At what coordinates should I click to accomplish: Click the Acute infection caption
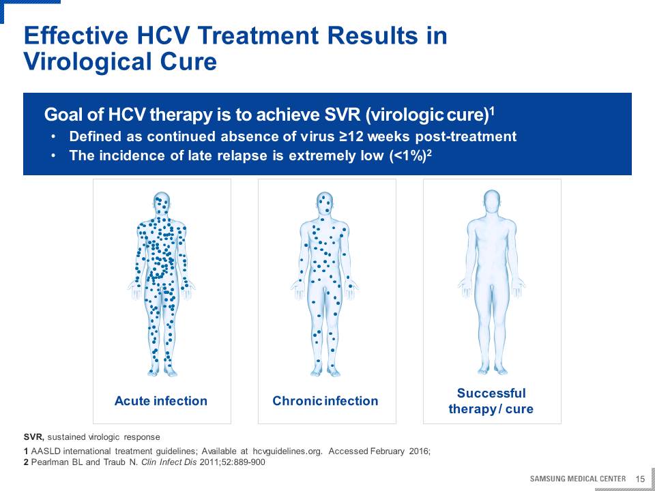coord(161,401)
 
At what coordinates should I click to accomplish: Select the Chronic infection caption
coord(325,401)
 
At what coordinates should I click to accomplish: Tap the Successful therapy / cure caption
coord(491,401)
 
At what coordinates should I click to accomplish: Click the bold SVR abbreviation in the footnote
coord(34,437)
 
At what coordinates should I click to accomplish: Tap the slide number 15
coord(640,479)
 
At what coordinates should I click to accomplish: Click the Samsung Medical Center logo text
coord(578,479)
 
